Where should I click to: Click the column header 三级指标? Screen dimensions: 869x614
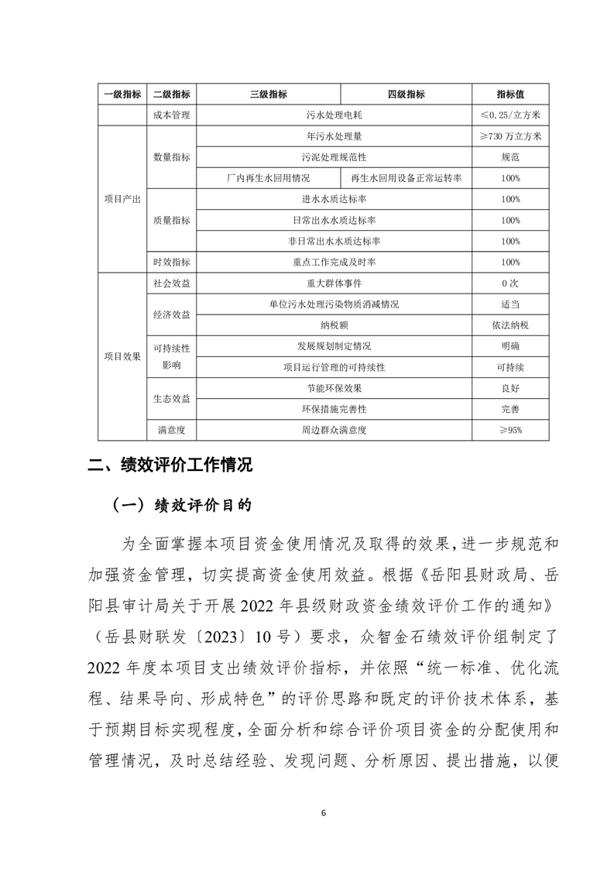coord(268,94)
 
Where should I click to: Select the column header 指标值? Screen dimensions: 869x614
coord(510,94)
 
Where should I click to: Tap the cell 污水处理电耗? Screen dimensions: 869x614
coord(334,115)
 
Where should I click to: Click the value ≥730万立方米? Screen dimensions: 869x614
coord(510,136)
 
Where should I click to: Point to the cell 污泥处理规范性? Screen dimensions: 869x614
coord(334,157)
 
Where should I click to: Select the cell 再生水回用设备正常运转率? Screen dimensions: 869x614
coord(406,178)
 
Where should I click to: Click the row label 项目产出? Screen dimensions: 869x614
coord(122,199)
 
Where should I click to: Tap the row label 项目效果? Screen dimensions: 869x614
coord(122,356)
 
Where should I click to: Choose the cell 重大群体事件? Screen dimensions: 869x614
coord(334,283)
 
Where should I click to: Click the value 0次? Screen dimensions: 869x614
coord(510,283)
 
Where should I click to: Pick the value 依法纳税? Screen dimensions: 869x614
coord(510,325)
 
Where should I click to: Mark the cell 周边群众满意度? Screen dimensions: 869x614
coord(334,429)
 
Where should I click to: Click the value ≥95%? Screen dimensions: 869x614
coord(510,429)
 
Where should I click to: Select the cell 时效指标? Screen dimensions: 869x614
coord(172,263)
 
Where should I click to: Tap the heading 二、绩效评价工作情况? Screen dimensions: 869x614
coord(170,465)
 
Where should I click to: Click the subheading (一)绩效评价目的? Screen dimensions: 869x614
coord(182,505)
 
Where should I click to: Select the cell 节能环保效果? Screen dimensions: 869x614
coord(334,387)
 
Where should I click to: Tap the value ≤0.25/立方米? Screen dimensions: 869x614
coord(510,115)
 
